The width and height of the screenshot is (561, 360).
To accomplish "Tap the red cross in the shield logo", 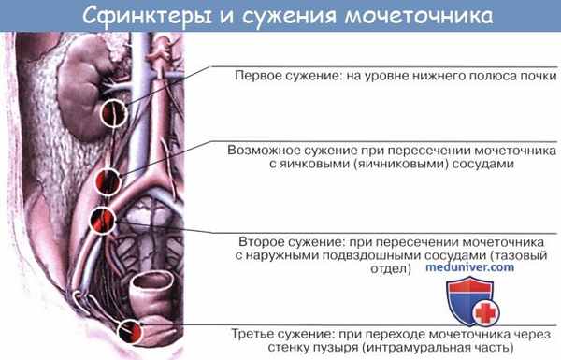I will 484,313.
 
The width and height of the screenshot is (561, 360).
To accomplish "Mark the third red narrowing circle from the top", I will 102,221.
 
